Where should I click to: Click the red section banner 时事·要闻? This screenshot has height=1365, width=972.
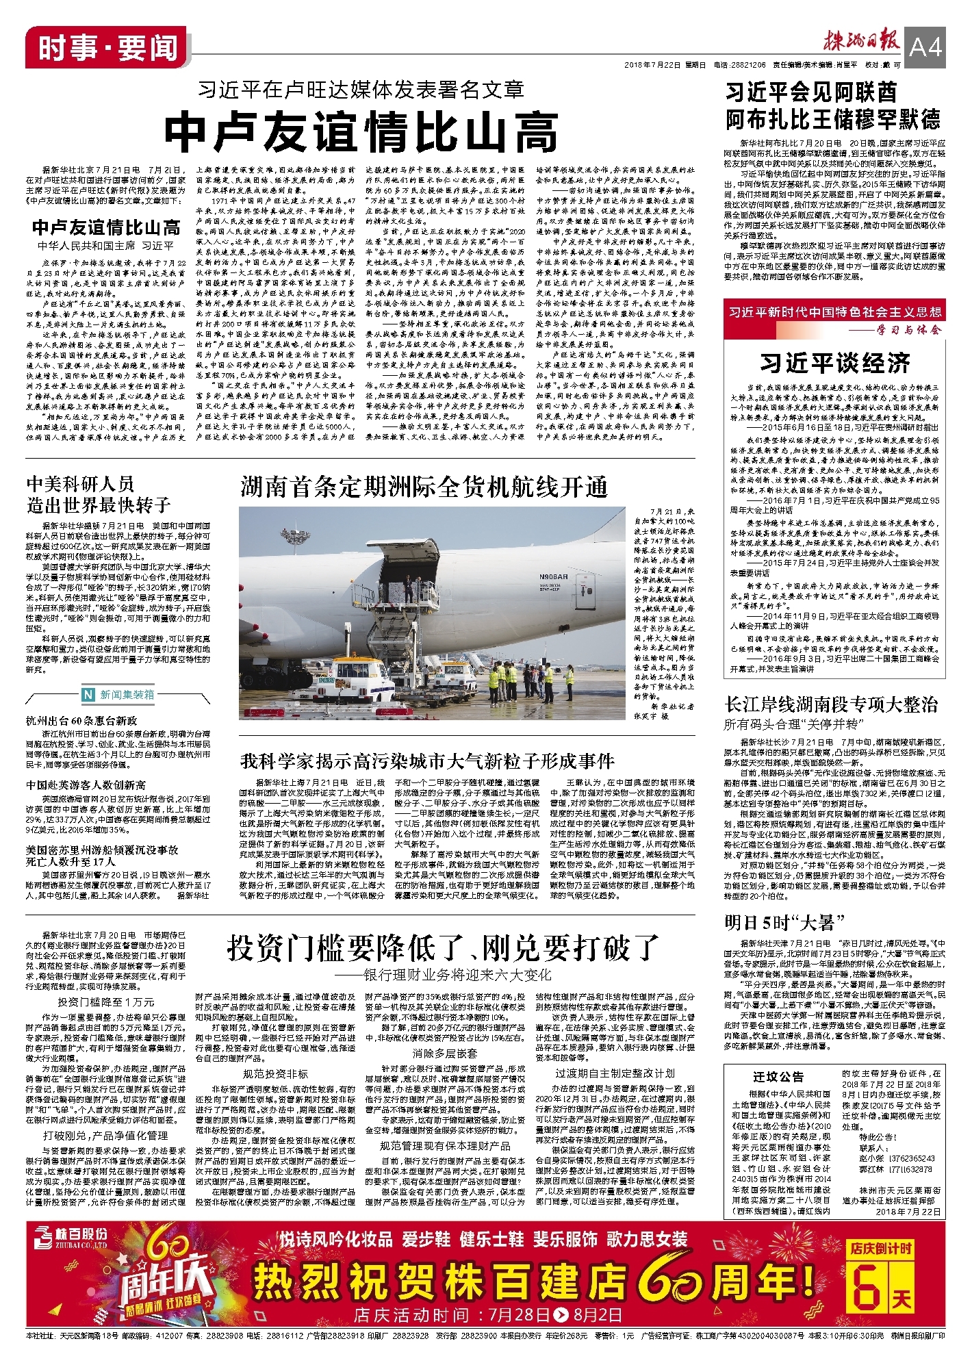[107, 48]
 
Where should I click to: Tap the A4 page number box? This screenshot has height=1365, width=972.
[925, 48]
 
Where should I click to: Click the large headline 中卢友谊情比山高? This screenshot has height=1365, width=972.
[361, 131]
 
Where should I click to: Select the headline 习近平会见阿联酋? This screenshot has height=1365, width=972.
[811, 92]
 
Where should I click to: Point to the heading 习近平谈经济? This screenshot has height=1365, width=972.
[834, 362]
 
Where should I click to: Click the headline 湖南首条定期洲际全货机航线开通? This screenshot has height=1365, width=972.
[424, 487]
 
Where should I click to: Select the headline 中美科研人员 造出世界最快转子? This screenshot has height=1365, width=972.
[99, 494]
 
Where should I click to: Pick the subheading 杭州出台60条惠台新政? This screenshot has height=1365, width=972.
[81, 720]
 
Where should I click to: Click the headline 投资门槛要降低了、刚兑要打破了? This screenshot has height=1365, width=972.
[442, 947]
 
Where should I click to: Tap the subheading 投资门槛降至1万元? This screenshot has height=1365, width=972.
[106, 1002]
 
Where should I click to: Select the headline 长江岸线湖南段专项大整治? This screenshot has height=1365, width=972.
[831, 704]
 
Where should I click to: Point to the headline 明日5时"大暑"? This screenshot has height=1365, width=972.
[785, 922]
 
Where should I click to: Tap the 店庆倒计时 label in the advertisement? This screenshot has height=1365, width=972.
[881, 1248]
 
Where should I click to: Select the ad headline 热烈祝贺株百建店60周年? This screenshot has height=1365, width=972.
[534, 1279]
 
